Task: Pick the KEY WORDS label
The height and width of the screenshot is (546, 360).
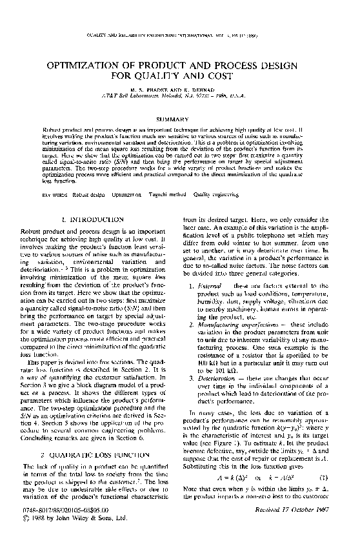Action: tap(54, 194)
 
